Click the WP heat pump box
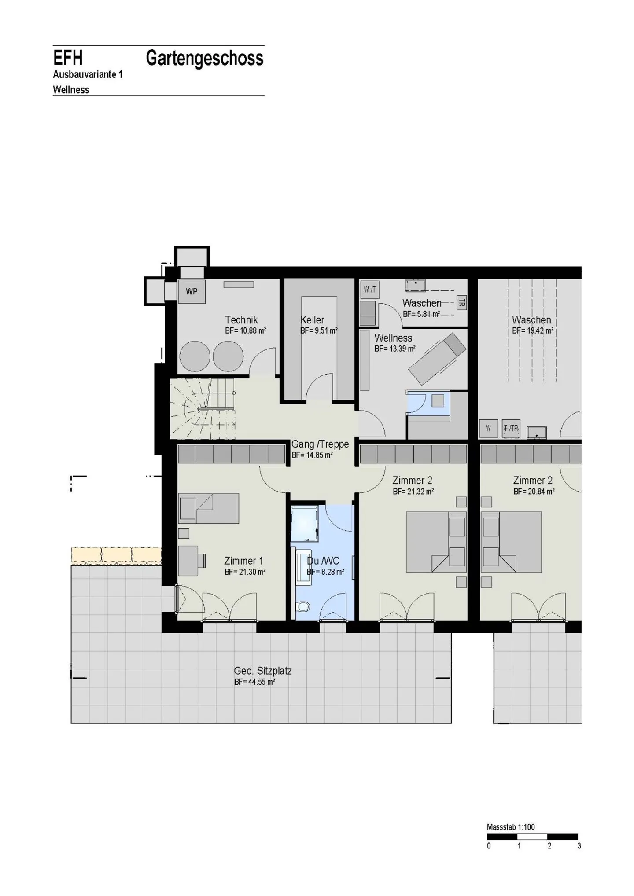click(192, 291)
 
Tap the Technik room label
click(241, 320)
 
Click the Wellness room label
click(393, 338)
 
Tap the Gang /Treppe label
click(320, 444)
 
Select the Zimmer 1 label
click(243, 561)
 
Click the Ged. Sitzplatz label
click(262, 671)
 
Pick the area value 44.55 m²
click(255, 682)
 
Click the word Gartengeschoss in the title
click(205, 58)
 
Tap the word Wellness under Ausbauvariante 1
click(71, 90)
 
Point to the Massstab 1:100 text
click(511, 827)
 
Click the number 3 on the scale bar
click(579, 846)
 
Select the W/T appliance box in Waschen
click(369, 290)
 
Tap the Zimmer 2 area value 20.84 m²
click(534, 492)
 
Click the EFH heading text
click(68, 58)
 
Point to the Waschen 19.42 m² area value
click(533, 331)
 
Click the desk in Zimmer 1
click(188, 561)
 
